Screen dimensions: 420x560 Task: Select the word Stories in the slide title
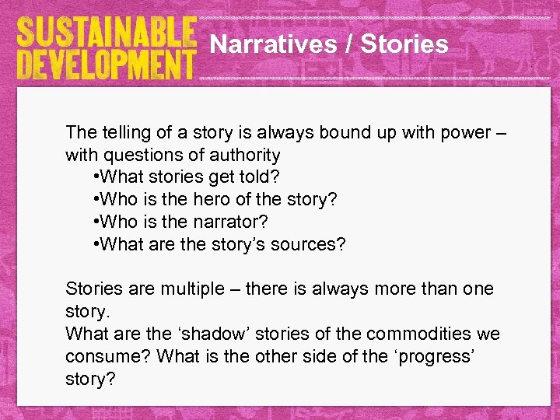pos(404,44)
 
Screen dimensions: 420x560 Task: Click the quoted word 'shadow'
pos(203,334)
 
